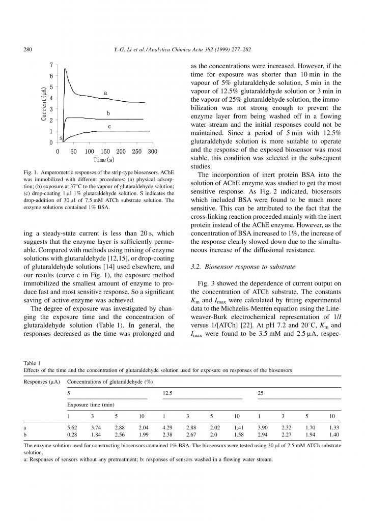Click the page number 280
29,49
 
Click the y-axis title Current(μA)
45,103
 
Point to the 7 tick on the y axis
51,65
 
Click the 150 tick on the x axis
105,152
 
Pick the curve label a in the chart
105,93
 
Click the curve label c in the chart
109,126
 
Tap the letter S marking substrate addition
61,138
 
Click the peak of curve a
65,69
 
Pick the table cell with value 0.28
72,436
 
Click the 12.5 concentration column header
167,393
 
